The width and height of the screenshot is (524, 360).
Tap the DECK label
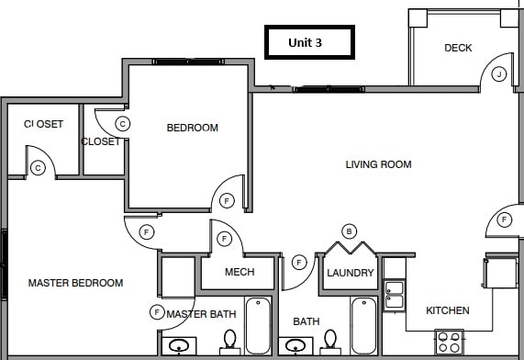pyautogui.click(x=458, y=48)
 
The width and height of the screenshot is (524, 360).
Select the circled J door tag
pyautogui.click(x=499, y=73)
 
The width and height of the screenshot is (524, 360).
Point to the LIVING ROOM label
pyautogui.click(x=378, y=164)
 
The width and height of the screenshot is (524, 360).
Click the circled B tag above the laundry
pyautogui.click(x=349, y=231)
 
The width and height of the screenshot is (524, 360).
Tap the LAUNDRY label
pyautogui.click(x=350, y=273)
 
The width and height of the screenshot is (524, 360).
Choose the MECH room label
pyautogui.click(x=239, y=273)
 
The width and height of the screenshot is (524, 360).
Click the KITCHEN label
pyautogui.click(x=448, y=310)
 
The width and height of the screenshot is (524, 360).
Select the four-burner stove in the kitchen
pyautogui.click(x=449, y=343)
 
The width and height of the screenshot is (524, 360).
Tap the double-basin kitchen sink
pyautogui.click(x=394, y=294)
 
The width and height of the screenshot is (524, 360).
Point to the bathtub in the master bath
pyautogui.click(x=258, y=325)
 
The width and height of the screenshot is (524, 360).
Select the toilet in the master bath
pyautogui.click(x=229, y=342)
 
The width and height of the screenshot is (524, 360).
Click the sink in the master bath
pyautogui.click(x=180, y=346)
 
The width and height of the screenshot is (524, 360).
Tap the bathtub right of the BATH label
pyautogui.click(x=363, y=325)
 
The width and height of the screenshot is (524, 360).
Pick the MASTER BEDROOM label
pyautogui.click(x=75, y=283)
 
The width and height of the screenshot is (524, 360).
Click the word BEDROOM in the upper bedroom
pyautogui.click(x=192, y=128)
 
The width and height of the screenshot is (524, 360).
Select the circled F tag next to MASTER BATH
pyautogui.click(x=157, y=313)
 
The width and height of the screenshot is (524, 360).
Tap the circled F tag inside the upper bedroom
pyautogui.click(x=226, y=200)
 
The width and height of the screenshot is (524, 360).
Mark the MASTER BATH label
pyautogui.click(x=203, y=315)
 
